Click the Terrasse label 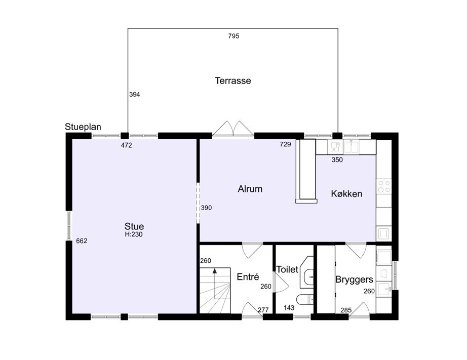(233, 81)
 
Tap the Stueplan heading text (83, 127)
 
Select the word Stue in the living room (134, 226)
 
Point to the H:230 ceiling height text (134, 234)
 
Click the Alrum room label (250, 189)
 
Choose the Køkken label (346, 194)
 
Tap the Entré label (248, 276)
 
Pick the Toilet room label (287, 269)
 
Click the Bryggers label (354, 279)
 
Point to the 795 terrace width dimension (234, 36)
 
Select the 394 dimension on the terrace (135, 94)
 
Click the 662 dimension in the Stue (82, 241)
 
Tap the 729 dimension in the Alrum (285, 144)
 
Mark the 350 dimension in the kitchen (337, 160)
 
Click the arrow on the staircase (215, 284)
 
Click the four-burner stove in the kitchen (384, 187)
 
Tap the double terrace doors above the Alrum (233, 129)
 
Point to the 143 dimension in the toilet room (289, 308)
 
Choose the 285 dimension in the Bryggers (346, 310)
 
